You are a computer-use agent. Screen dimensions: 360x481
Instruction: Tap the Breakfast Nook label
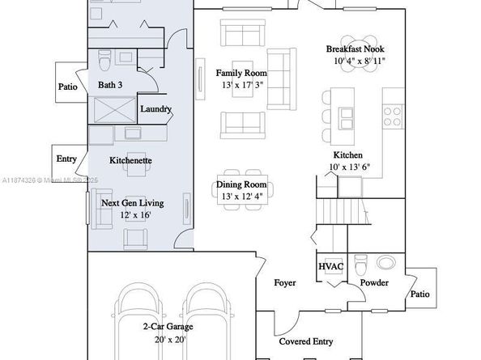click(x=348, y=49)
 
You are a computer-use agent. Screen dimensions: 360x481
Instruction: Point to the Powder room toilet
click(x=362, y=263)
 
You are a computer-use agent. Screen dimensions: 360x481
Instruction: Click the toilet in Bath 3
click(x=104, y=61)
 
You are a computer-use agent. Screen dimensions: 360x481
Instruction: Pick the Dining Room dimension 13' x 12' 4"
click(x=240, y=197)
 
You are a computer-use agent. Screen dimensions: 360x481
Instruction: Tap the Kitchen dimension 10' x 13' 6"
click(x=348, y=167)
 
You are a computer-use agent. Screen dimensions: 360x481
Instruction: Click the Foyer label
click(x=284, y=283)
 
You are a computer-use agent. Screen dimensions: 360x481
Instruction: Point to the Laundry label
click(x=155, y=108)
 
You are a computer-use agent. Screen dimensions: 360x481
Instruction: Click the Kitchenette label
click(x=130, y=160)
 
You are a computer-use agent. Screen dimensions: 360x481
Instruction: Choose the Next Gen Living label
click(x=133, y=203)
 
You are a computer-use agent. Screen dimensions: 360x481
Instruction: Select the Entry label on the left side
click(x=66, y=159)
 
